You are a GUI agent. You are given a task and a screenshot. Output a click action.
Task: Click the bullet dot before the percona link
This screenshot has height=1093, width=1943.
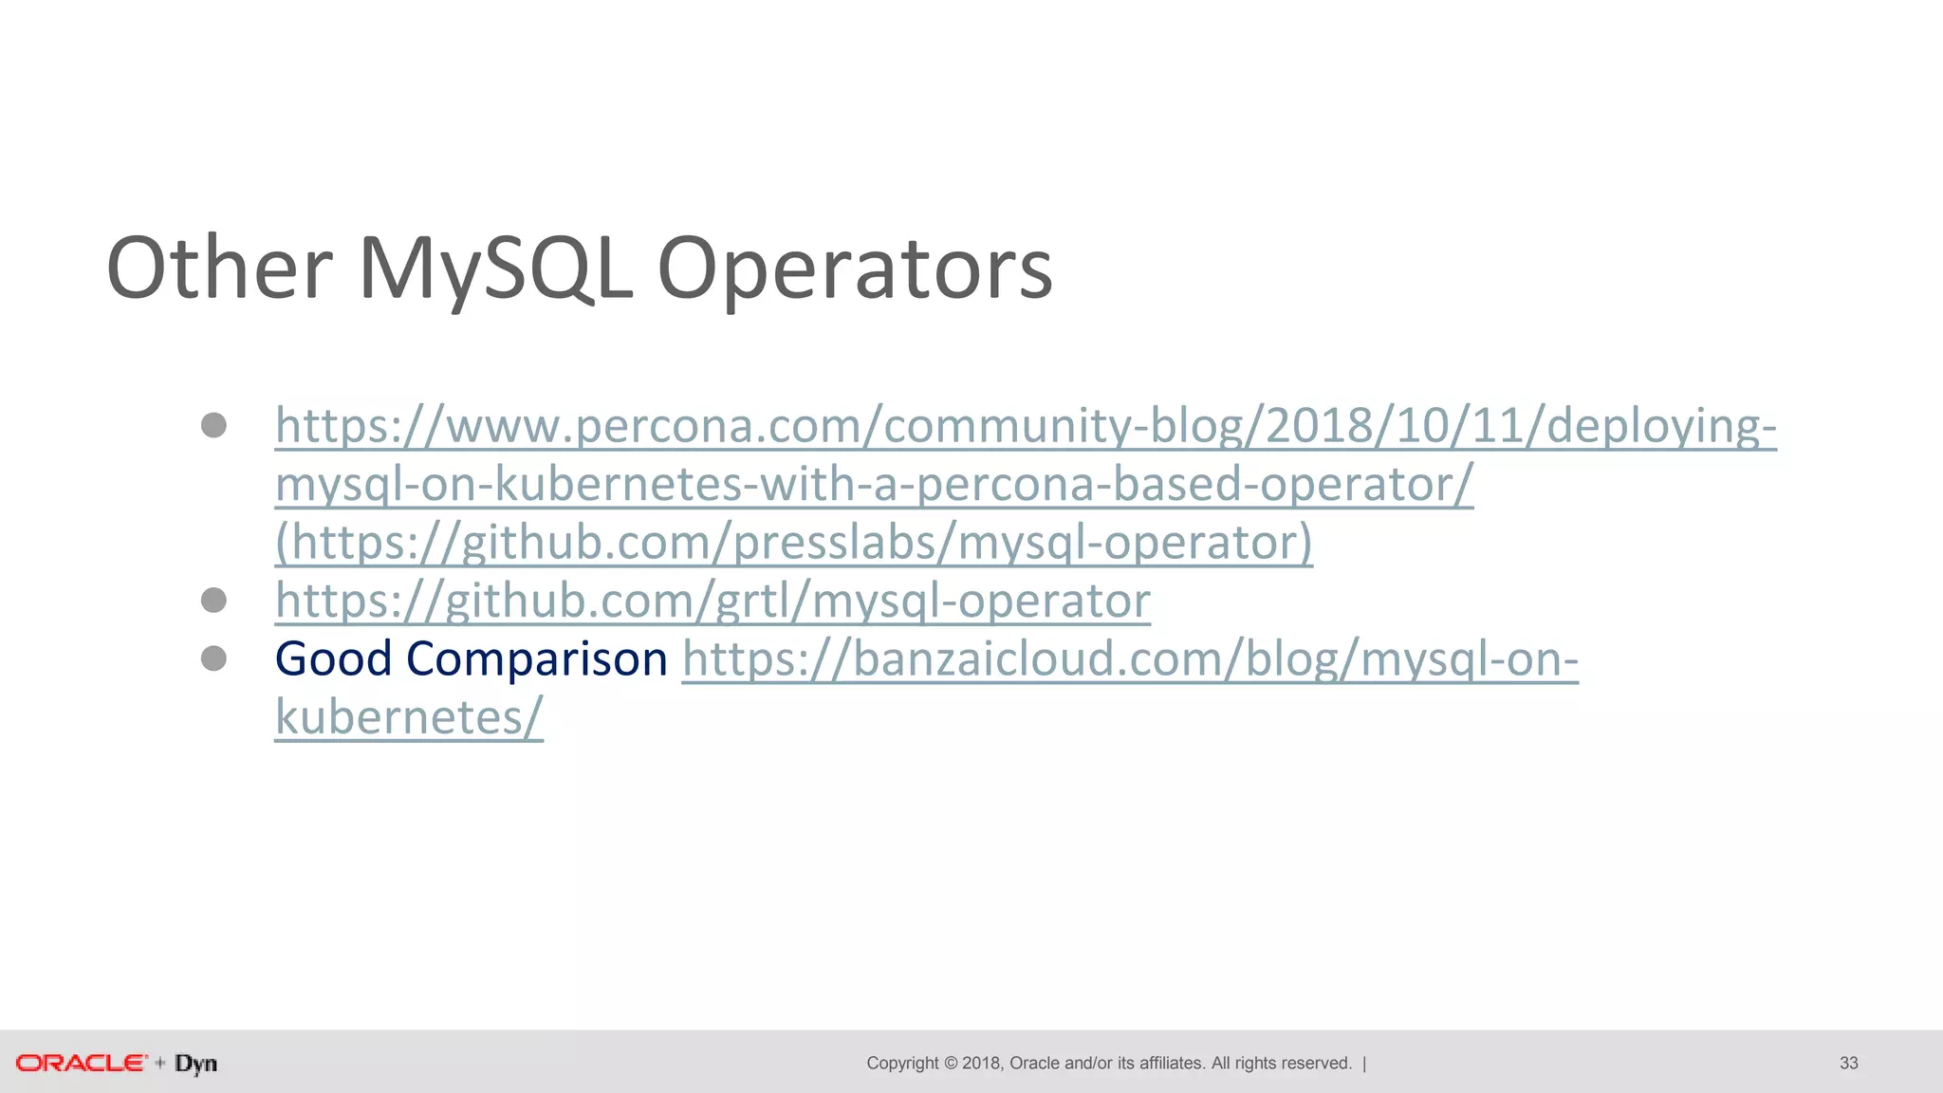pos(214,425)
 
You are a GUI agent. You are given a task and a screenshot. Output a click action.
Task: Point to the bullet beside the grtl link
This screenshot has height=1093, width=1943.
pos(214,600)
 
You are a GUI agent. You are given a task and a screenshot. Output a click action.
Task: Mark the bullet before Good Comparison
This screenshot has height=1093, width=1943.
pos(214,658)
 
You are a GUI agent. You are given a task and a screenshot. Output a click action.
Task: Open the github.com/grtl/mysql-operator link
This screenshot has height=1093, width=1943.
pos(712,601)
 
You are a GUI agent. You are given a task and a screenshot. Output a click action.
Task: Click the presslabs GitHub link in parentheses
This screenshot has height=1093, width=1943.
pos(794,543)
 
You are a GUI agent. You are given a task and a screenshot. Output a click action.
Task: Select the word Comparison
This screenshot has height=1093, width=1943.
pos(537,658)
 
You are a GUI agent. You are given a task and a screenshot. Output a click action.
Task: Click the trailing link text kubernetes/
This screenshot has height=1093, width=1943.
pos(409,717)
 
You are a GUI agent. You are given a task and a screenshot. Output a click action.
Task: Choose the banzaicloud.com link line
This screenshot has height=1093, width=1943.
pos(1129,658)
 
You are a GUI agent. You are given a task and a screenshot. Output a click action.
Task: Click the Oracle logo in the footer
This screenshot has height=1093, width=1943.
pos(82,1063)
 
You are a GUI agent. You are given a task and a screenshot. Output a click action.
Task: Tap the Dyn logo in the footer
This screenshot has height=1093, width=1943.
pos(195,1064)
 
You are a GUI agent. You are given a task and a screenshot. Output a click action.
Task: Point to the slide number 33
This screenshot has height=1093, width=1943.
pos(1848,1063)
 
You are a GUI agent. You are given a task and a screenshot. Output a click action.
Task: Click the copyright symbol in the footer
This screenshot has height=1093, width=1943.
pos(950,1063)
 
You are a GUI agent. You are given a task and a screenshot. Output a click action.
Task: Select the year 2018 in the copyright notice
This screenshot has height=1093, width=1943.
pos(981,1063)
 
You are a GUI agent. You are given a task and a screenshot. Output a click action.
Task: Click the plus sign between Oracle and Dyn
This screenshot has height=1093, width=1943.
pos(159,1063)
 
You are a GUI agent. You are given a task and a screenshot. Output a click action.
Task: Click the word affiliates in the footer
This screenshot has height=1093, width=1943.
pos(1172,1063)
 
